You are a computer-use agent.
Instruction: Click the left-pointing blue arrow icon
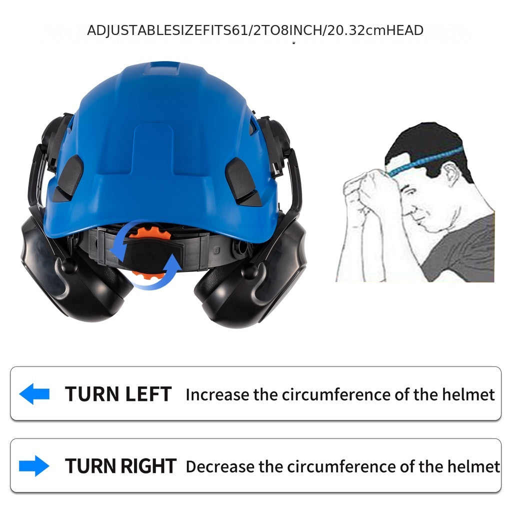click(34, 394)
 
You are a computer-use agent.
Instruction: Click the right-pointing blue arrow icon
click(34, 466)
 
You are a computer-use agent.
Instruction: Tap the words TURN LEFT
click(118, 394)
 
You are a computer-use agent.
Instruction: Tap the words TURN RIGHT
click(120, 466)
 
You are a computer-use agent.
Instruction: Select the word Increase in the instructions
click(217, 394)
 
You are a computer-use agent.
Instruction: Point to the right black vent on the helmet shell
click(241, 175)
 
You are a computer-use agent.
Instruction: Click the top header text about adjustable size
click(255, 30)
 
